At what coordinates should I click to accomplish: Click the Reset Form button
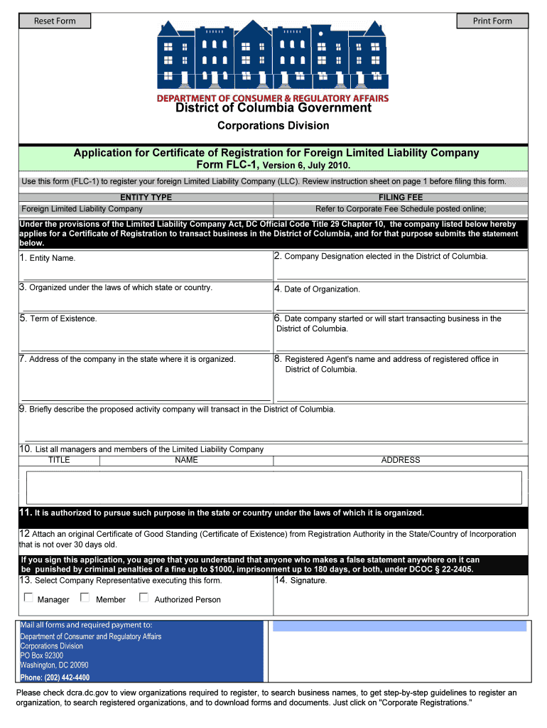(x=55, y=21)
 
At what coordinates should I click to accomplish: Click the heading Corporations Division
(x=273, y=126)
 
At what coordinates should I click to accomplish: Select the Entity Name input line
(x=146, y=274)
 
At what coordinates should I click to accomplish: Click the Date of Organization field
(x=400, y=304)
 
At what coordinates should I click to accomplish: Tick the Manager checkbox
(x=28, y=598)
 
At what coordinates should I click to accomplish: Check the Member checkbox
(x=86, y=598)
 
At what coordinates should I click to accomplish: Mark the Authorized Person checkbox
(x=143, y=598)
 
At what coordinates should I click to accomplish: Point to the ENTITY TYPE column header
(x=146, y=198)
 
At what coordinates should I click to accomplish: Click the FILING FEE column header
(x=401, y=198)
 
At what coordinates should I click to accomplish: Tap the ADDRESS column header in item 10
(x=401, y=460)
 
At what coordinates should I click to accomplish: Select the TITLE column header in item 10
(x=59, y=460)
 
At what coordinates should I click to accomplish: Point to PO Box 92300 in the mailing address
(x=42, y=655)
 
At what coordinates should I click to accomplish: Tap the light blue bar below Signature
(x=399, y=626)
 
